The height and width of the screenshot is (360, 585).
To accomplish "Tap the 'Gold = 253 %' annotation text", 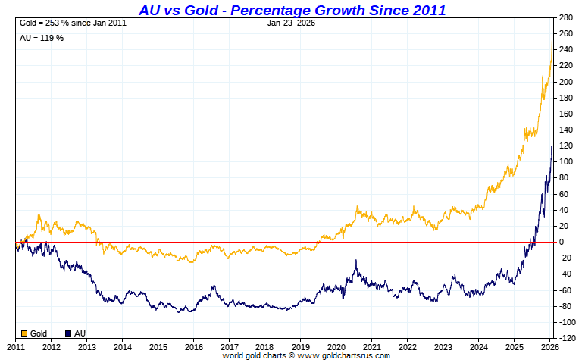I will tap(73, 23).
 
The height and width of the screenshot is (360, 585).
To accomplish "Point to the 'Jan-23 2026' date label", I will tap(292, 23).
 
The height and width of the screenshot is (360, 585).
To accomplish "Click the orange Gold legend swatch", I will tap(24, 333).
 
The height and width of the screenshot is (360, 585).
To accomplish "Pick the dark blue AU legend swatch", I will tap(69, 333).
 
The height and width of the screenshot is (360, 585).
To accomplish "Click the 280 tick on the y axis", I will tap(565, 17).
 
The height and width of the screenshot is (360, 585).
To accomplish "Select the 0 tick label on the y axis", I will tap(561, 242).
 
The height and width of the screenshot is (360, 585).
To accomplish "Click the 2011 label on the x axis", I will tap(16, 347).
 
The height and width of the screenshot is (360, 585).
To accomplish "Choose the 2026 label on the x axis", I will tap(550, 347).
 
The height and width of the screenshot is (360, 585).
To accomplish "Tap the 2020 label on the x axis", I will tap(336, 347).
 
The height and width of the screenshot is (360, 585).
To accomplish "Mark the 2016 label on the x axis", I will tap(194, 347).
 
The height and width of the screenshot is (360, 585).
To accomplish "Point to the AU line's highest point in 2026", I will tap(552, 146).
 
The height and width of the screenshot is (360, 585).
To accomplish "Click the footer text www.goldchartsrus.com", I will tap(344, 355).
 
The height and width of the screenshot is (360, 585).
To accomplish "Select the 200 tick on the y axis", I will tap(565, 82).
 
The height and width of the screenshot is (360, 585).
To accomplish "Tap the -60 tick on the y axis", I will tap(565, 290).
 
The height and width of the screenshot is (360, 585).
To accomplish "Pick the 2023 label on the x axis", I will tap(443, 347).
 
